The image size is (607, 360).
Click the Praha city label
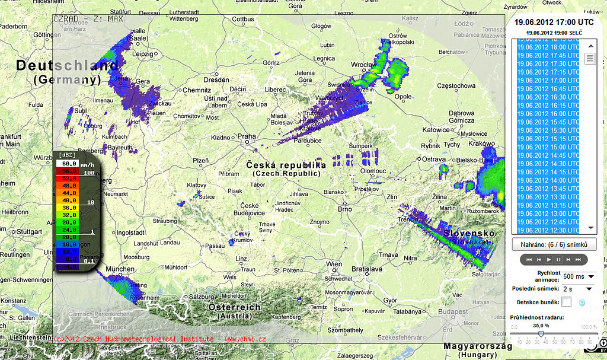246,136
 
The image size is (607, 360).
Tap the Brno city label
344,209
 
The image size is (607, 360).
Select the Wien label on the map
334,264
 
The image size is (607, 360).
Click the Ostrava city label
433,159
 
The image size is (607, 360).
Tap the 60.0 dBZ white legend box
69,163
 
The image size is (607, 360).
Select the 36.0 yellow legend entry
69,208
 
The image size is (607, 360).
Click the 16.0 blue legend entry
69,244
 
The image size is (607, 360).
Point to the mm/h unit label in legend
88,164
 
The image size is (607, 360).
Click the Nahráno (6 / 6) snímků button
554,244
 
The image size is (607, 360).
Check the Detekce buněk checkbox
567,302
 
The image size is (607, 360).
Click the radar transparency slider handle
541,334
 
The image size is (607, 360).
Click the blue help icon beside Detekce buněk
582,302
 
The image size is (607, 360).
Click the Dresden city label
216,80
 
